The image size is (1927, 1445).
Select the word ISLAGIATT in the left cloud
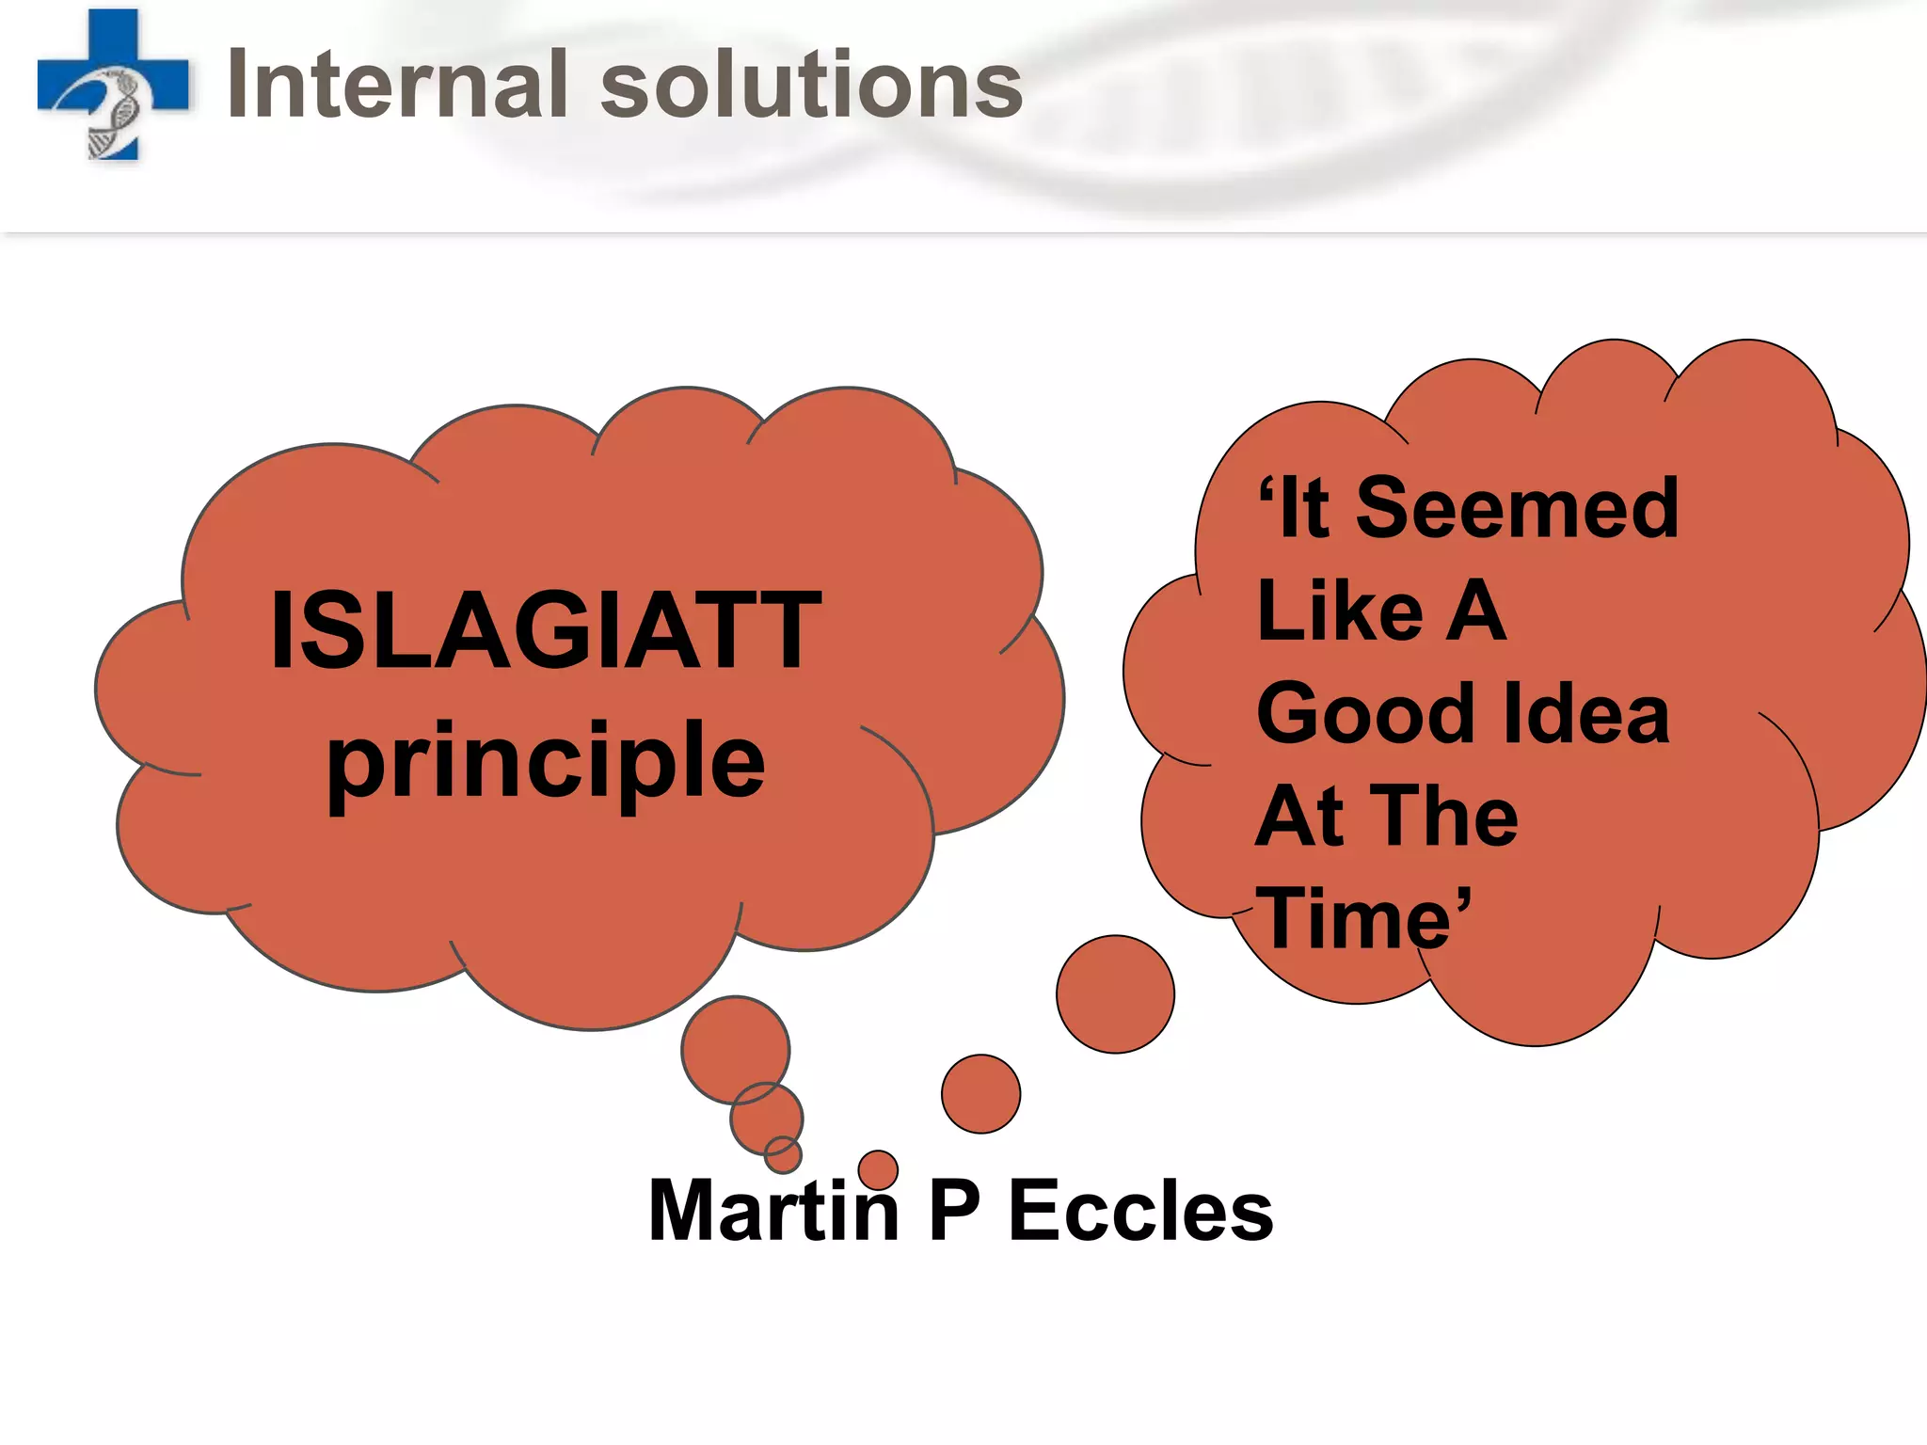[x=546, y=630]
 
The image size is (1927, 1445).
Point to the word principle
[x=546, y=762]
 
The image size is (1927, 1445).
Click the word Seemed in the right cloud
[x=1517, y=509]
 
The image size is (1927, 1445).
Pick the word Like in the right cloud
[x=1340, y=611]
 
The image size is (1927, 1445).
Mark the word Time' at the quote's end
[x=1364, y=919]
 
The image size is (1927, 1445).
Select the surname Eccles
[x=1140, y=1212]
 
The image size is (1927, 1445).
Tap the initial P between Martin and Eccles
[x=954, y=1212]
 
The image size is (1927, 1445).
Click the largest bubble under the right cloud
[x=1115, y=994]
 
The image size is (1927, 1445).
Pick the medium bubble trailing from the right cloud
[x=980, y=1094]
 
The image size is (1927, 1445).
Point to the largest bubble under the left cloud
[x=735, y=1049]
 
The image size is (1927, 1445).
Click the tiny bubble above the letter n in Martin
[x=878, y=1169]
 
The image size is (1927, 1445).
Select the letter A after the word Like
[x=1475, y=611]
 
